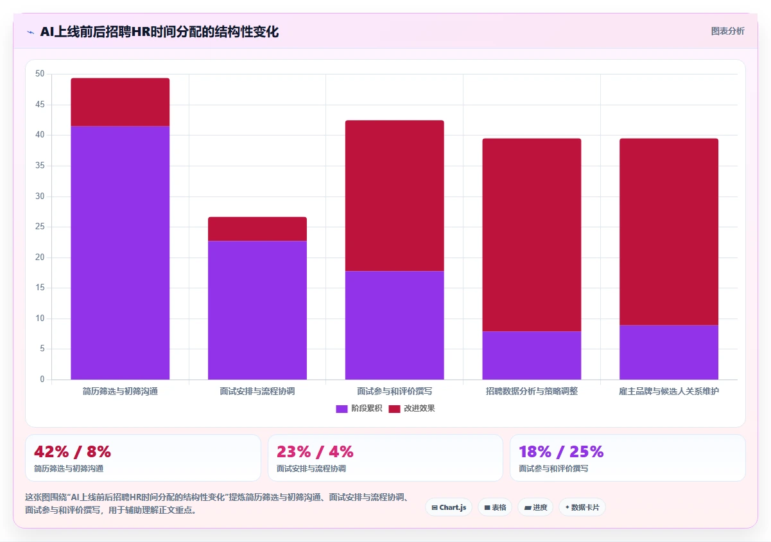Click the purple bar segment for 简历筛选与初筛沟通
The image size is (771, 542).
click(120, 253)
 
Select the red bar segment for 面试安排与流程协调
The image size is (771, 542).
click(257, 229)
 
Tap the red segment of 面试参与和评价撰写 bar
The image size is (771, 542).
click(394, 196)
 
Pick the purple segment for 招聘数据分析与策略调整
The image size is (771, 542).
click(532, 355)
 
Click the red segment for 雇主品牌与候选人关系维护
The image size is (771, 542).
click(669, 232)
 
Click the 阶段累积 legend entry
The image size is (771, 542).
click(359, 408)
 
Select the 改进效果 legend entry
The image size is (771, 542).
click(412, 408)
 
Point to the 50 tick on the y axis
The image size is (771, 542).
click(40, 74)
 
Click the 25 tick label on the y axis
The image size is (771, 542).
click(40, 227)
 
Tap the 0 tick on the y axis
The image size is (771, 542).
click(42, 379)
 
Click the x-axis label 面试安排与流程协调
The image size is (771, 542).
click(257, 391)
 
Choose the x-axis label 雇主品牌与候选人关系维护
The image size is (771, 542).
click(669, 391)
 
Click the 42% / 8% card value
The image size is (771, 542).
click(73, 452)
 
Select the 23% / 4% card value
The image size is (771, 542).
click(315, 452)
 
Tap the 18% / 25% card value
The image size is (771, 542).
click(561, 452)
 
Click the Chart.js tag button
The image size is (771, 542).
click(449, 507)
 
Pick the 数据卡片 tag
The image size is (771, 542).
click(582, 507)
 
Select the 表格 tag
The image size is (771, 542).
click(495, 507)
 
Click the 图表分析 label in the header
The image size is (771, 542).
click(727, 31)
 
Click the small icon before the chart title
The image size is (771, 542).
click(31, 32)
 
